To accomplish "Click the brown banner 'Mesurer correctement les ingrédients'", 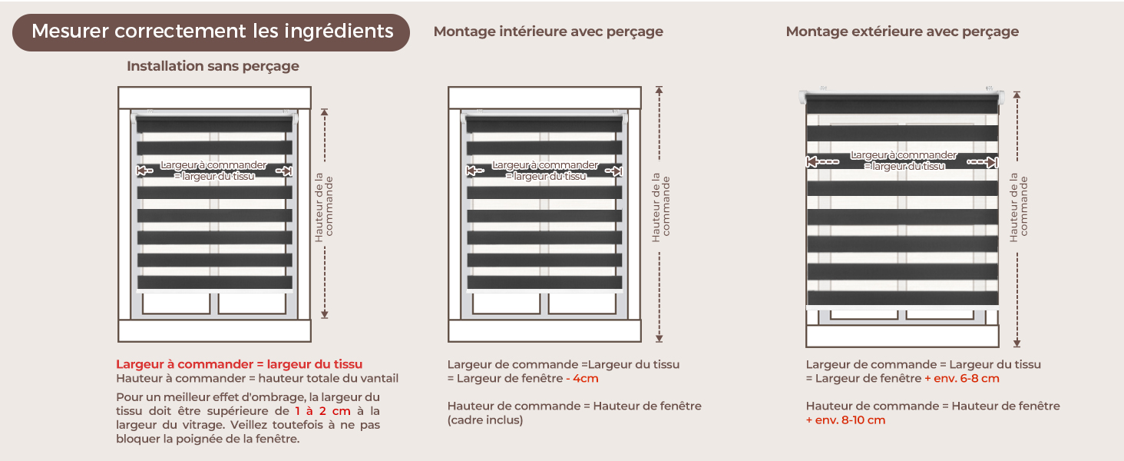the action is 210,32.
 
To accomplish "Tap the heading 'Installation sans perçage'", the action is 213,66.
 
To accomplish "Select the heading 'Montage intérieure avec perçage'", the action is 548,32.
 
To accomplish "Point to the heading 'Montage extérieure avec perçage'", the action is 902,32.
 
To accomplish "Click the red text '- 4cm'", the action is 582,379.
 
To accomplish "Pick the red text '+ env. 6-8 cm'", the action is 962,379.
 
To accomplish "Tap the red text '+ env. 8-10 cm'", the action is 845,420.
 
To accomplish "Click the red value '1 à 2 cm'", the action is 322,411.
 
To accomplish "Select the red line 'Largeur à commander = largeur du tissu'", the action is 240,364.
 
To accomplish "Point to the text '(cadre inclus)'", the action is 485,420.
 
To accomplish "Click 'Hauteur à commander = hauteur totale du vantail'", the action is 257,379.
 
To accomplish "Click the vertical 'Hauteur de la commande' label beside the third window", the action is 1019,208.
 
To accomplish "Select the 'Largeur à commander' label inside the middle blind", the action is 545,165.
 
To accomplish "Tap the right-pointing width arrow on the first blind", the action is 284,171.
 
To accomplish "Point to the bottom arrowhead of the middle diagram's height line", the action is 660,339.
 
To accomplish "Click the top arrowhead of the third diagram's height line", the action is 1017,95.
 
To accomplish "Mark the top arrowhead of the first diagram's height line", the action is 325,112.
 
